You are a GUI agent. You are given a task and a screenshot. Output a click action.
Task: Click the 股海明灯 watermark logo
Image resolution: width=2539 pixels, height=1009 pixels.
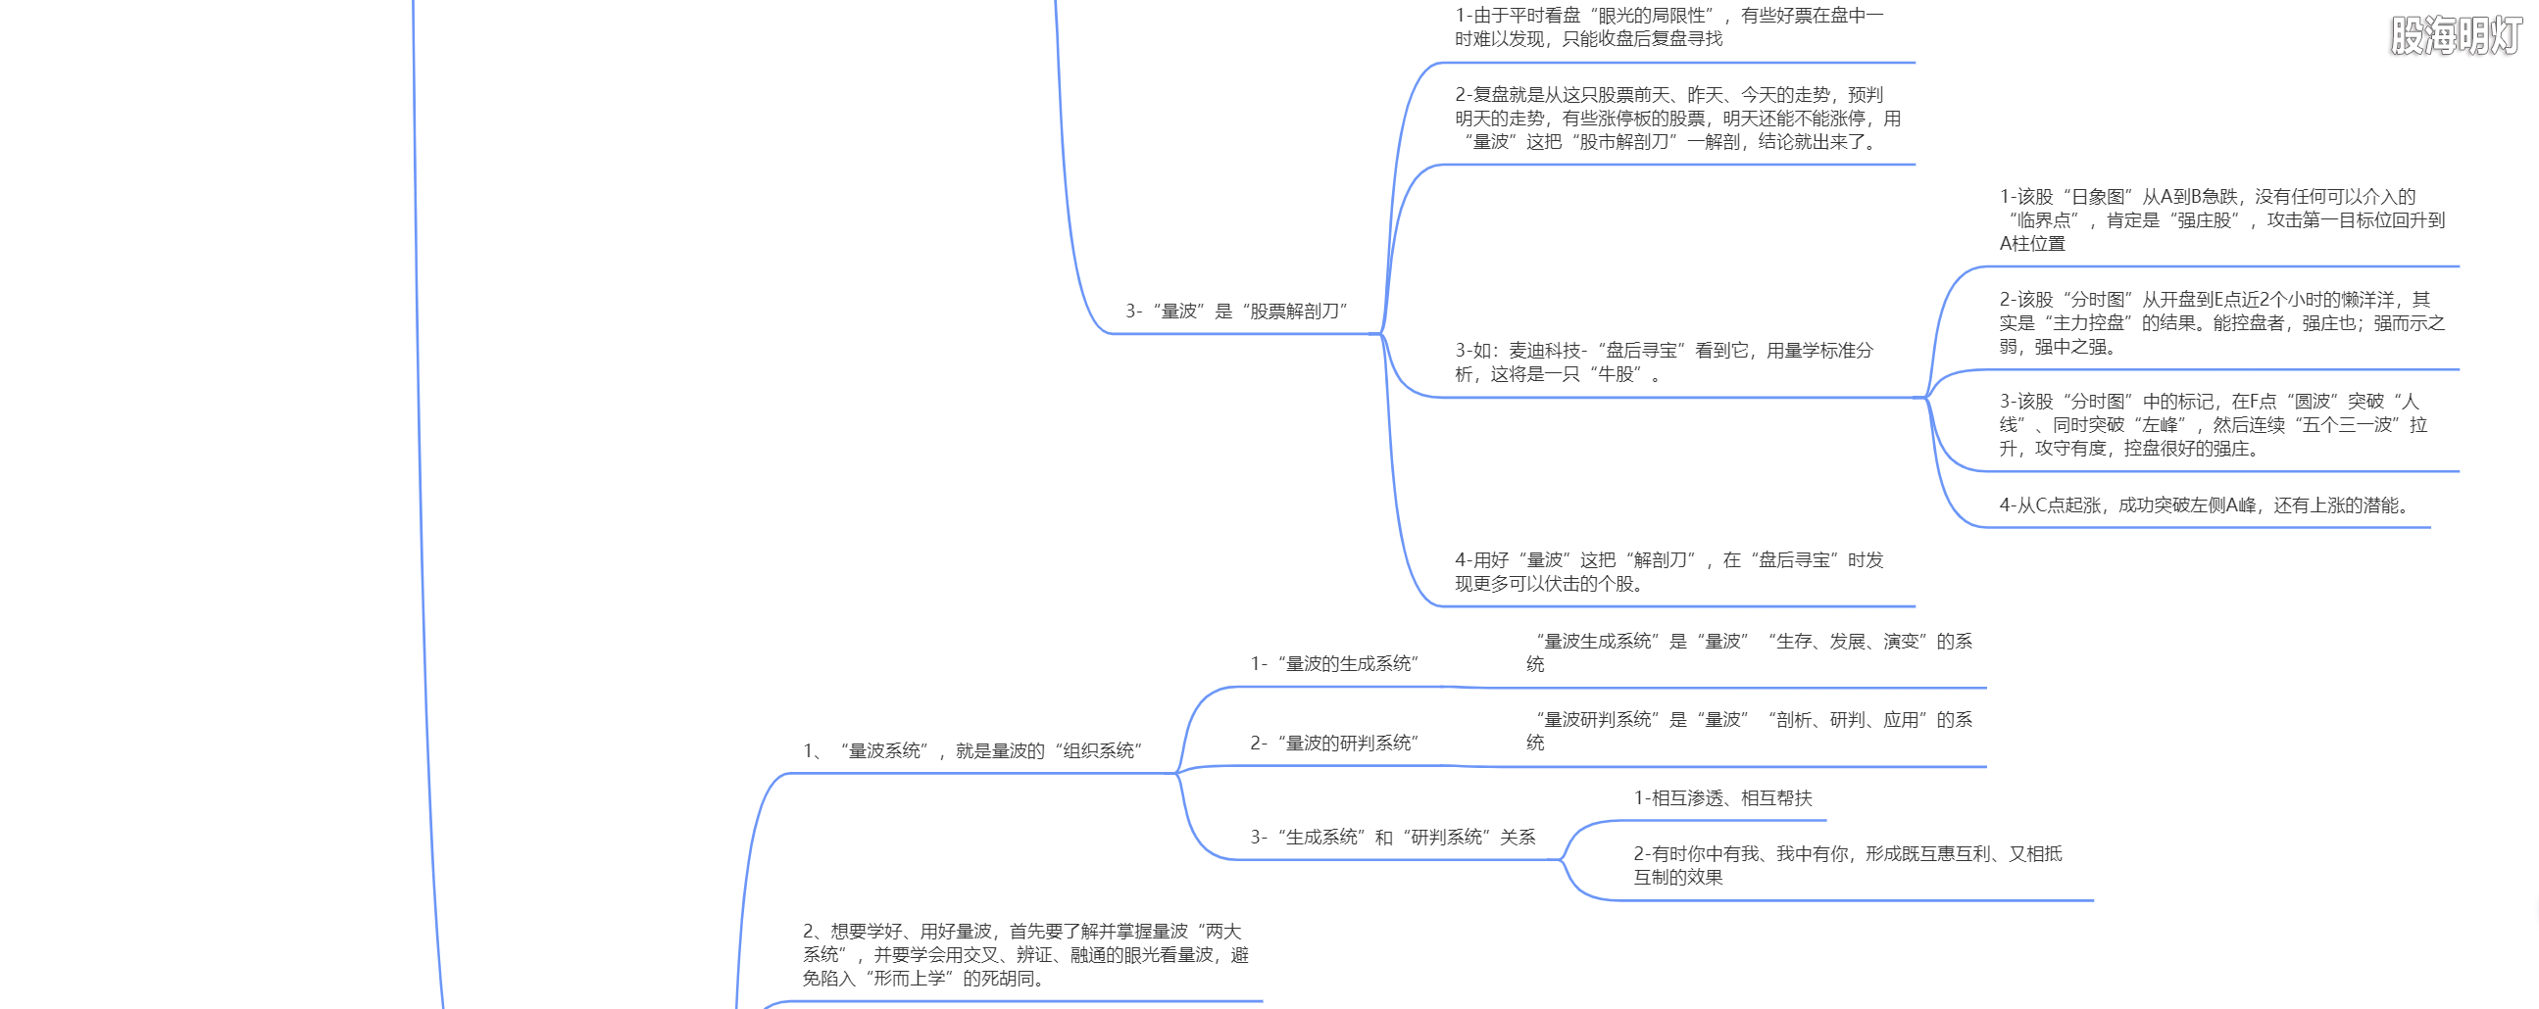tap(2455, 36)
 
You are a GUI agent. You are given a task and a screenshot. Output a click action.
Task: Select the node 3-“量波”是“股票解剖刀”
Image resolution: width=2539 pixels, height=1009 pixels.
tap(1236, 312)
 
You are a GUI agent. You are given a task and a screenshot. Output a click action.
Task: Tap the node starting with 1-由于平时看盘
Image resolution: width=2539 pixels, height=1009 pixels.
tap(1668, 27)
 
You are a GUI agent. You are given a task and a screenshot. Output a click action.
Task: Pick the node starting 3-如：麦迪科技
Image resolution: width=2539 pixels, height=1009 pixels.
tap(1664, 362)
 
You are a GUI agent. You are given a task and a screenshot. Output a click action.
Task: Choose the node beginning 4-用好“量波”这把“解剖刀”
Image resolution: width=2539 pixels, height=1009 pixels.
tap(1668, 572)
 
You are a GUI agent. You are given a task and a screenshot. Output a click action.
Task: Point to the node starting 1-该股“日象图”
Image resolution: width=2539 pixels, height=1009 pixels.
tap(2221, 220)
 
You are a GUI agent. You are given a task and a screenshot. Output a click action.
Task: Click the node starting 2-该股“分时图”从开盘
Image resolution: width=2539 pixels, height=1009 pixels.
tap(2221, 323)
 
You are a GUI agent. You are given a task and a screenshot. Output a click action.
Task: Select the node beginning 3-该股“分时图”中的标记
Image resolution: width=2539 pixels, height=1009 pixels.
tap(2213, 426)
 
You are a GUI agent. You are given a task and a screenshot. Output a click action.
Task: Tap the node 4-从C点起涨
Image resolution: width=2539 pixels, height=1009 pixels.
tap(2204, 505)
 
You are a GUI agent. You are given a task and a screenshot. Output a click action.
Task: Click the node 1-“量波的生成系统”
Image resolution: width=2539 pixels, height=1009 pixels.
tap(1333, 664)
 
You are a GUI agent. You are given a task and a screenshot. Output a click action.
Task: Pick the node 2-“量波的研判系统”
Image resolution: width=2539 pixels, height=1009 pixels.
tap(1333, 743)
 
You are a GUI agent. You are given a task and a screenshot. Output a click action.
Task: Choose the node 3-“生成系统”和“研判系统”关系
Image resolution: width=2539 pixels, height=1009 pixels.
tap(1393, 838)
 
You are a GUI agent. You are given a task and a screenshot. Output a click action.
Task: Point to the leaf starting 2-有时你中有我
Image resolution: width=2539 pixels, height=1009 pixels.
tap(1847, 866)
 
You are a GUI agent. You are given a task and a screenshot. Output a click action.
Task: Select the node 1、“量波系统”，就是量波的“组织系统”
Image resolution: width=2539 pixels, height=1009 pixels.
tap(971, 750)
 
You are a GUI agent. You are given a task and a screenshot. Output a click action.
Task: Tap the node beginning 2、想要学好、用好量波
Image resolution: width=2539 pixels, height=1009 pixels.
tap(1025, 955)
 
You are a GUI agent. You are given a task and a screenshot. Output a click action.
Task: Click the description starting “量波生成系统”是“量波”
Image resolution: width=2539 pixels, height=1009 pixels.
tap(1750, 652)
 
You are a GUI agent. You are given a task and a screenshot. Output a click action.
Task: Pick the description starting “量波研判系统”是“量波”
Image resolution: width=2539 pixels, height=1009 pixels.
tap(1750, 731)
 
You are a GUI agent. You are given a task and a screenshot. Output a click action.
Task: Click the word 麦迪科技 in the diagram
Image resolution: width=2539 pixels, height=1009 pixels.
tap(1544, 351)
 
